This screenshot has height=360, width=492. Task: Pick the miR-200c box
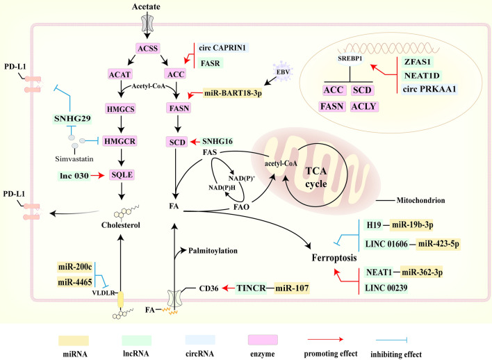point(73,267)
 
